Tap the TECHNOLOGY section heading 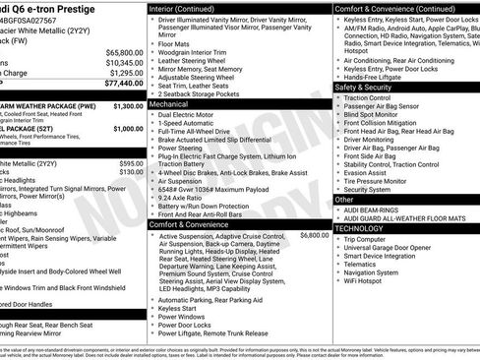[360, 228]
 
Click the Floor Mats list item [173, 44]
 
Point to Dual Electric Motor [188, 115]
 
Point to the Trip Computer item [366, 238]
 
